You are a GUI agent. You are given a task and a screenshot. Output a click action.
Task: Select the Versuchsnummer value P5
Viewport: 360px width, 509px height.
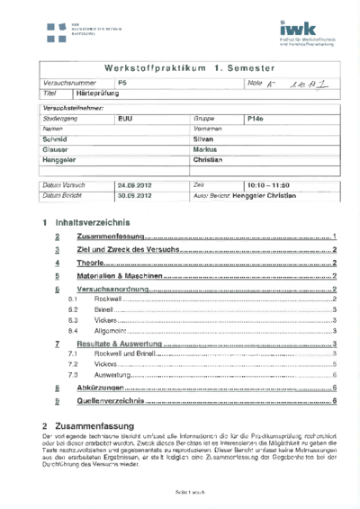click(122, 82)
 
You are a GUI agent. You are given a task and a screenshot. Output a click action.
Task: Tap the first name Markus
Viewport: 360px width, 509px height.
click(208, 149)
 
